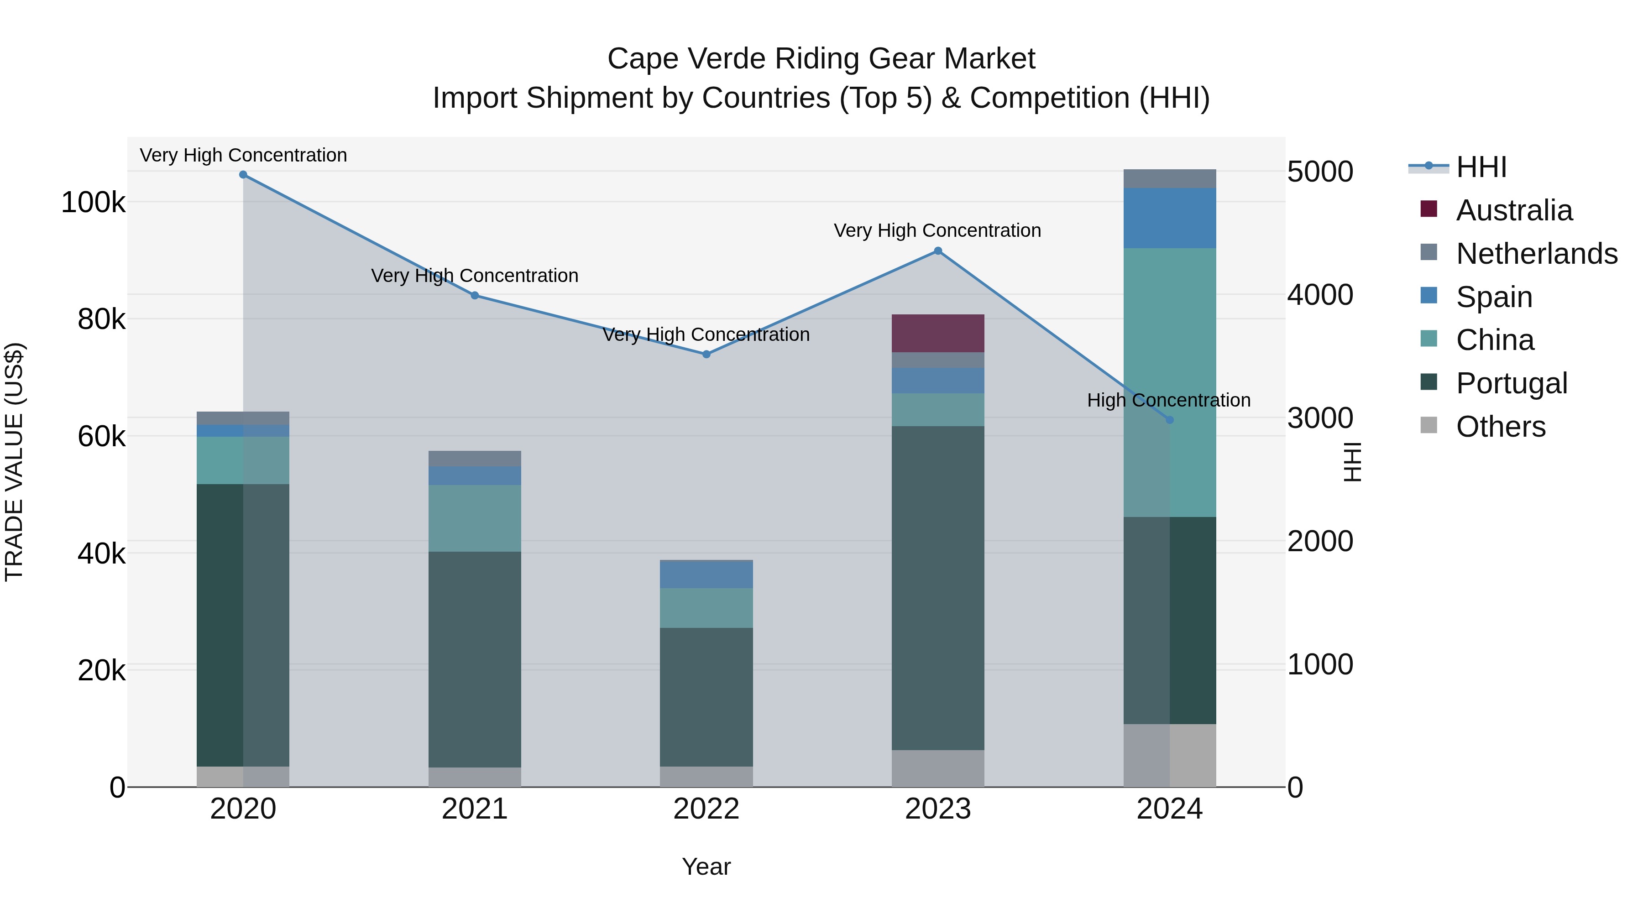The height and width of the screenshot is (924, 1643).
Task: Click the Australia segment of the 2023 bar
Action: coord(937,333)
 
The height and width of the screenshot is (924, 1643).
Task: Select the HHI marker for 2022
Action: coord(706,354)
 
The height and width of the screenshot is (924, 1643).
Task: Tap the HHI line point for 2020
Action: coord(243,175)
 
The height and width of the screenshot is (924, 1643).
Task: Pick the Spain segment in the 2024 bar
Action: coord(1169,218)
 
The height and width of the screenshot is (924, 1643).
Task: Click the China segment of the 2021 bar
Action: coord(475,518)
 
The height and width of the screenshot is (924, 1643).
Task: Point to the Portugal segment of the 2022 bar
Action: coord(706,696)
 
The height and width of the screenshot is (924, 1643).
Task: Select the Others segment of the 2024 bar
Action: coord(1169,755)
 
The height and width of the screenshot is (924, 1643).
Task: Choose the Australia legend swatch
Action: coord(1428,209)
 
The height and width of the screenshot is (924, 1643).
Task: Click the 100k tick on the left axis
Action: coord(93,203)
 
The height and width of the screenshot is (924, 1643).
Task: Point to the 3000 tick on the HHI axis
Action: coord(1319,418)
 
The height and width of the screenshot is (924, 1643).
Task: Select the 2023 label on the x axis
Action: coord(937,809)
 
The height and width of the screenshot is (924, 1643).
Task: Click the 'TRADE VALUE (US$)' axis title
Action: coord(14,462)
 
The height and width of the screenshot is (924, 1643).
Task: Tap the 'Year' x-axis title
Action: coord(706,867)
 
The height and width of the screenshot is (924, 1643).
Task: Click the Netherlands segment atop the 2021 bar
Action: coord(475,459)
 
